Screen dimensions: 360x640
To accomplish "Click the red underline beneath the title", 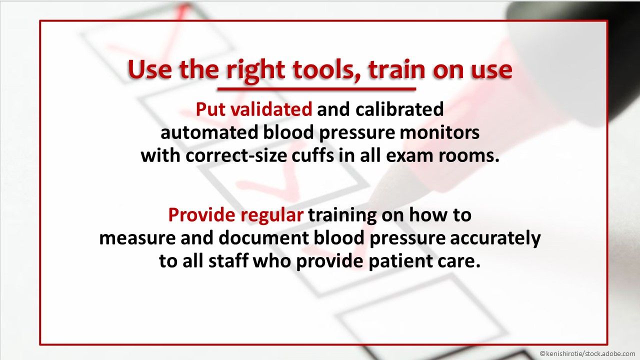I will pos(316,89).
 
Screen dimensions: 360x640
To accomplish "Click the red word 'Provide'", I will pos(201,215).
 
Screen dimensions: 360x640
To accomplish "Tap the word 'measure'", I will pos(132,238).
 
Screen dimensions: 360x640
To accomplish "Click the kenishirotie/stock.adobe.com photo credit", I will pos(587,353).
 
